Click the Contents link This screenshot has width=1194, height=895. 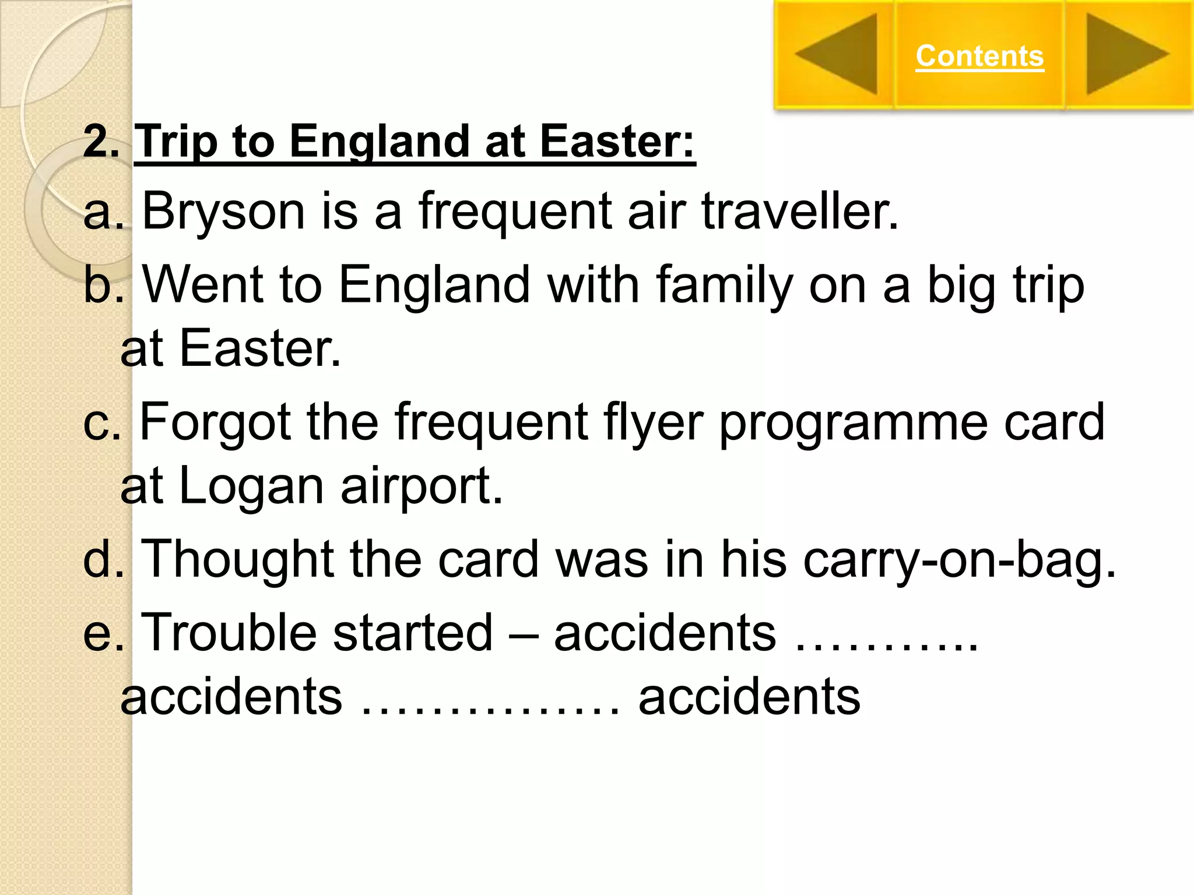coord(979,56)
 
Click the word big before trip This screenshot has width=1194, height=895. coord(960,285)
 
